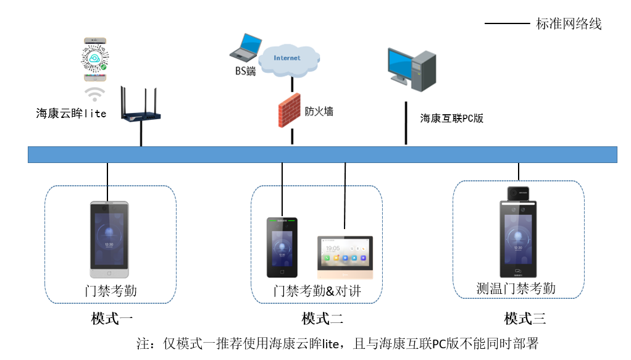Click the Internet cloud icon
point(288,59)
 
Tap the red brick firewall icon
point(288,111)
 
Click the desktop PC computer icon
point(411,68)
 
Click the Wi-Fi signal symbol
point(94,93)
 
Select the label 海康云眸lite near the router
point(71,114)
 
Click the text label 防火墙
point(319,111)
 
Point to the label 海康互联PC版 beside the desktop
point(451,119)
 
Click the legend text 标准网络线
point(568,24)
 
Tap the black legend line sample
point(507,24)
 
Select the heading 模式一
point(112,319)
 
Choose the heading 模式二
point(322,319)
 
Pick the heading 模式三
point(525,319)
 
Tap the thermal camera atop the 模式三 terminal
point(519,193)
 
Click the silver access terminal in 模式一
point(109,240)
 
